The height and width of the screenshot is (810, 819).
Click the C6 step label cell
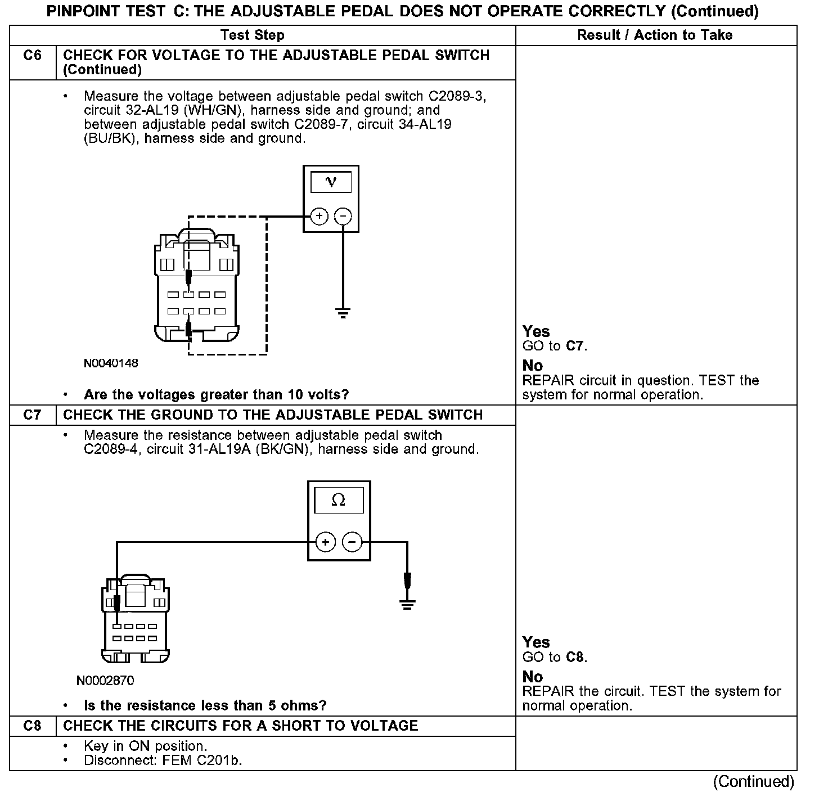33,56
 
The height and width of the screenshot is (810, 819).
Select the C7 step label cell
33,415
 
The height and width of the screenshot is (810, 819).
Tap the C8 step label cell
33,726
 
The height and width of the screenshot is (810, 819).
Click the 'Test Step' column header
253,35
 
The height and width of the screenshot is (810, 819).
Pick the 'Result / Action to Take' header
655,35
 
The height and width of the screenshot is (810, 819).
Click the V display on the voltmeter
331,182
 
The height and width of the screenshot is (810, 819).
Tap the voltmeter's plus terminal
319,216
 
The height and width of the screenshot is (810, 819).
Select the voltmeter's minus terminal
343,216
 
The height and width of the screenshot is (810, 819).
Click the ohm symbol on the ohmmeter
339,500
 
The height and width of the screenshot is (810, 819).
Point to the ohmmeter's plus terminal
326,542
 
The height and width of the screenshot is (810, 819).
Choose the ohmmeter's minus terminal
352,542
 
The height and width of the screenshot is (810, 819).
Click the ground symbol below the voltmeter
343,313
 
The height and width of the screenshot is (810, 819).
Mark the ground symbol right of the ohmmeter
407,605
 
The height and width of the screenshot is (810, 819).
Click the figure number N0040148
111,363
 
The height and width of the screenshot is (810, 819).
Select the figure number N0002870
105,681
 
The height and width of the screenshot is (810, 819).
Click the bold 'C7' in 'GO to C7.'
575,346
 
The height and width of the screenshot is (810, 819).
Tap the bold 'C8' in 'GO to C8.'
575,657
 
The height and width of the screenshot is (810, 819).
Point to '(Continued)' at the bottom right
753,782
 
